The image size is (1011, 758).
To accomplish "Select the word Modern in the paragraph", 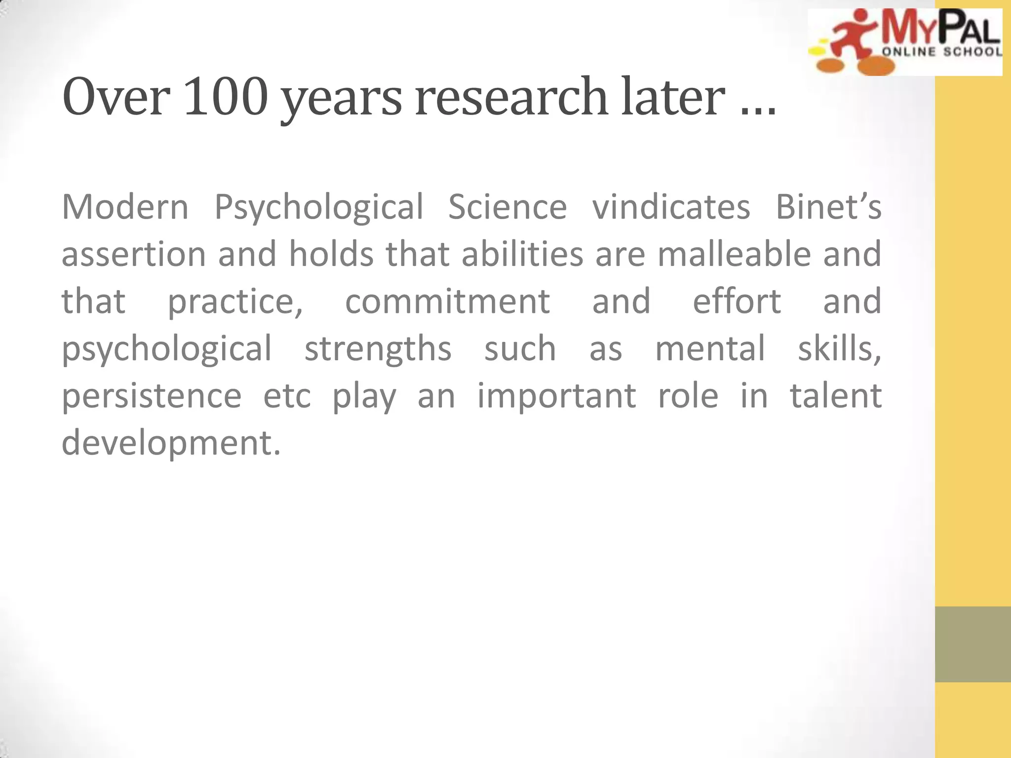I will tap(125, 207).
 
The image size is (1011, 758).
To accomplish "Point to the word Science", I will tap(507, 207).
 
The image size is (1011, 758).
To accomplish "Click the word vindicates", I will tap(671, 207).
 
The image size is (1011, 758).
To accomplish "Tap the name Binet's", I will tap(828, 207).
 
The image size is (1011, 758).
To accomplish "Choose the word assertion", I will tap(133, 254).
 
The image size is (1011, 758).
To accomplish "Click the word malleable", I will tap(734, 254).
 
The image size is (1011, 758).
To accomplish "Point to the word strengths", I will tap(378, 348).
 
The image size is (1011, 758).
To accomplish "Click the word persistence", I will tap(152, 396).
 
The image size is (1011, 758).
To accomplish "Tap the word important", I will tap(556, 396).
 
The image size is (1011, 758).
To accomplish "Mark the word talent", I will tap(836, 396).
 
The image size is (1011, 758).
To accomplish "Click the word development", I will tap(171, 443).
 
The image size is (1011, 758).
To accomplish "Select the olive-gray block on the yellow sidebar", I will tap(972, 644).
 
